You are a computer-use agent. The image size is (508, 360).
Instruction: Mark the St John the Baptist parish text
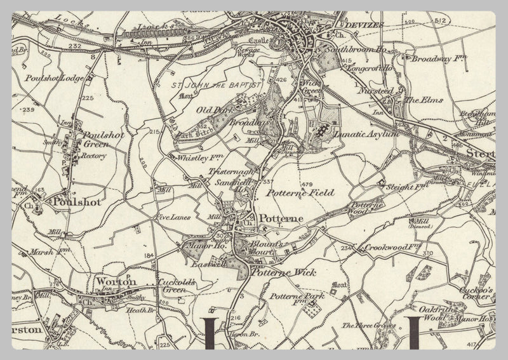(210, 84)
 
